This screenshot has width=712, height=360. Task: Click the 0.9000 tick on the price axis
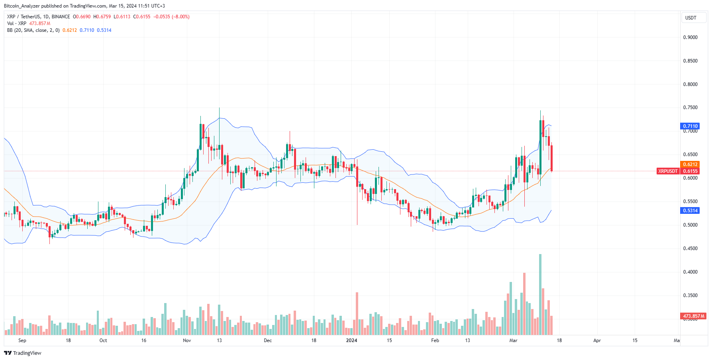pos(690,37)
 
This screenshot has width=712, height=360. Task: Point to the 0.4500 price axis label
pos(690,248)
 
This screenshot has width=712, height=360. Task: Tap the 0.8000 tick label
pos(690,84)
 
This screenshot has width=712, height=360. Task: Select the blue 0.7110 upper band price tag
pos(690,126)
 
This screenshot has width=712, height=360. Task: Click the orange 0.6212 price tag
pos(690,164)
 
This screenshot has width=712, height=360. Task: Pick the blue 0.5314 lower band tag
pos(690,211)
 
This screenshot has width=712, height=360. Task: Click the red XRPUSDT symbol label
pos(668,171)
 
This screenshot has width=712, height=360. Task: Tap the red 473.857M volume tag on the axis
pos(693,316)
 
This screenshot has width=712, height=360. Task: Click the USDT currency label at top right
pos(690,18)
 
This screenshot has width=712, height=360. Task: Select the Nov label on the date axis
pos(187,340)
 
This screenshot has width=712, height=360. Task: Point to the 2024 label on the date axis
pos(351,340)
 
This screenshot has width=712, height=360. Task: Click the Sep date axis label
pos(22,340)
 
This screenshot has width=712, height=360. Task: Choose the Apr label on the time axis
pos(597,340)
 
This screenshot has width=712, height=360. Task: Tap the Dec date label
pos(268,340)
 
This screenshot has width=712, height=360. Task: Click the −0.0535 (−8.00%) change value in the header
pos(171,17)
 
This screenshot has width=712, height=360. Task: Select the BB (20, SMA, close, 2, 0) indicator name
pos(33,30)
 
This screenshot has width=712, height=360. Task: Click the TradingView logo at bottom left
pos(23,353)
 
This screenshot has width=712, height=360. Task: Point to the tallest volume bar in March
pos(540,295)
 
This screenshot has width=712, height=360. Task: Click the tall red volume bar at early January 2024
pos(357,314)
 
